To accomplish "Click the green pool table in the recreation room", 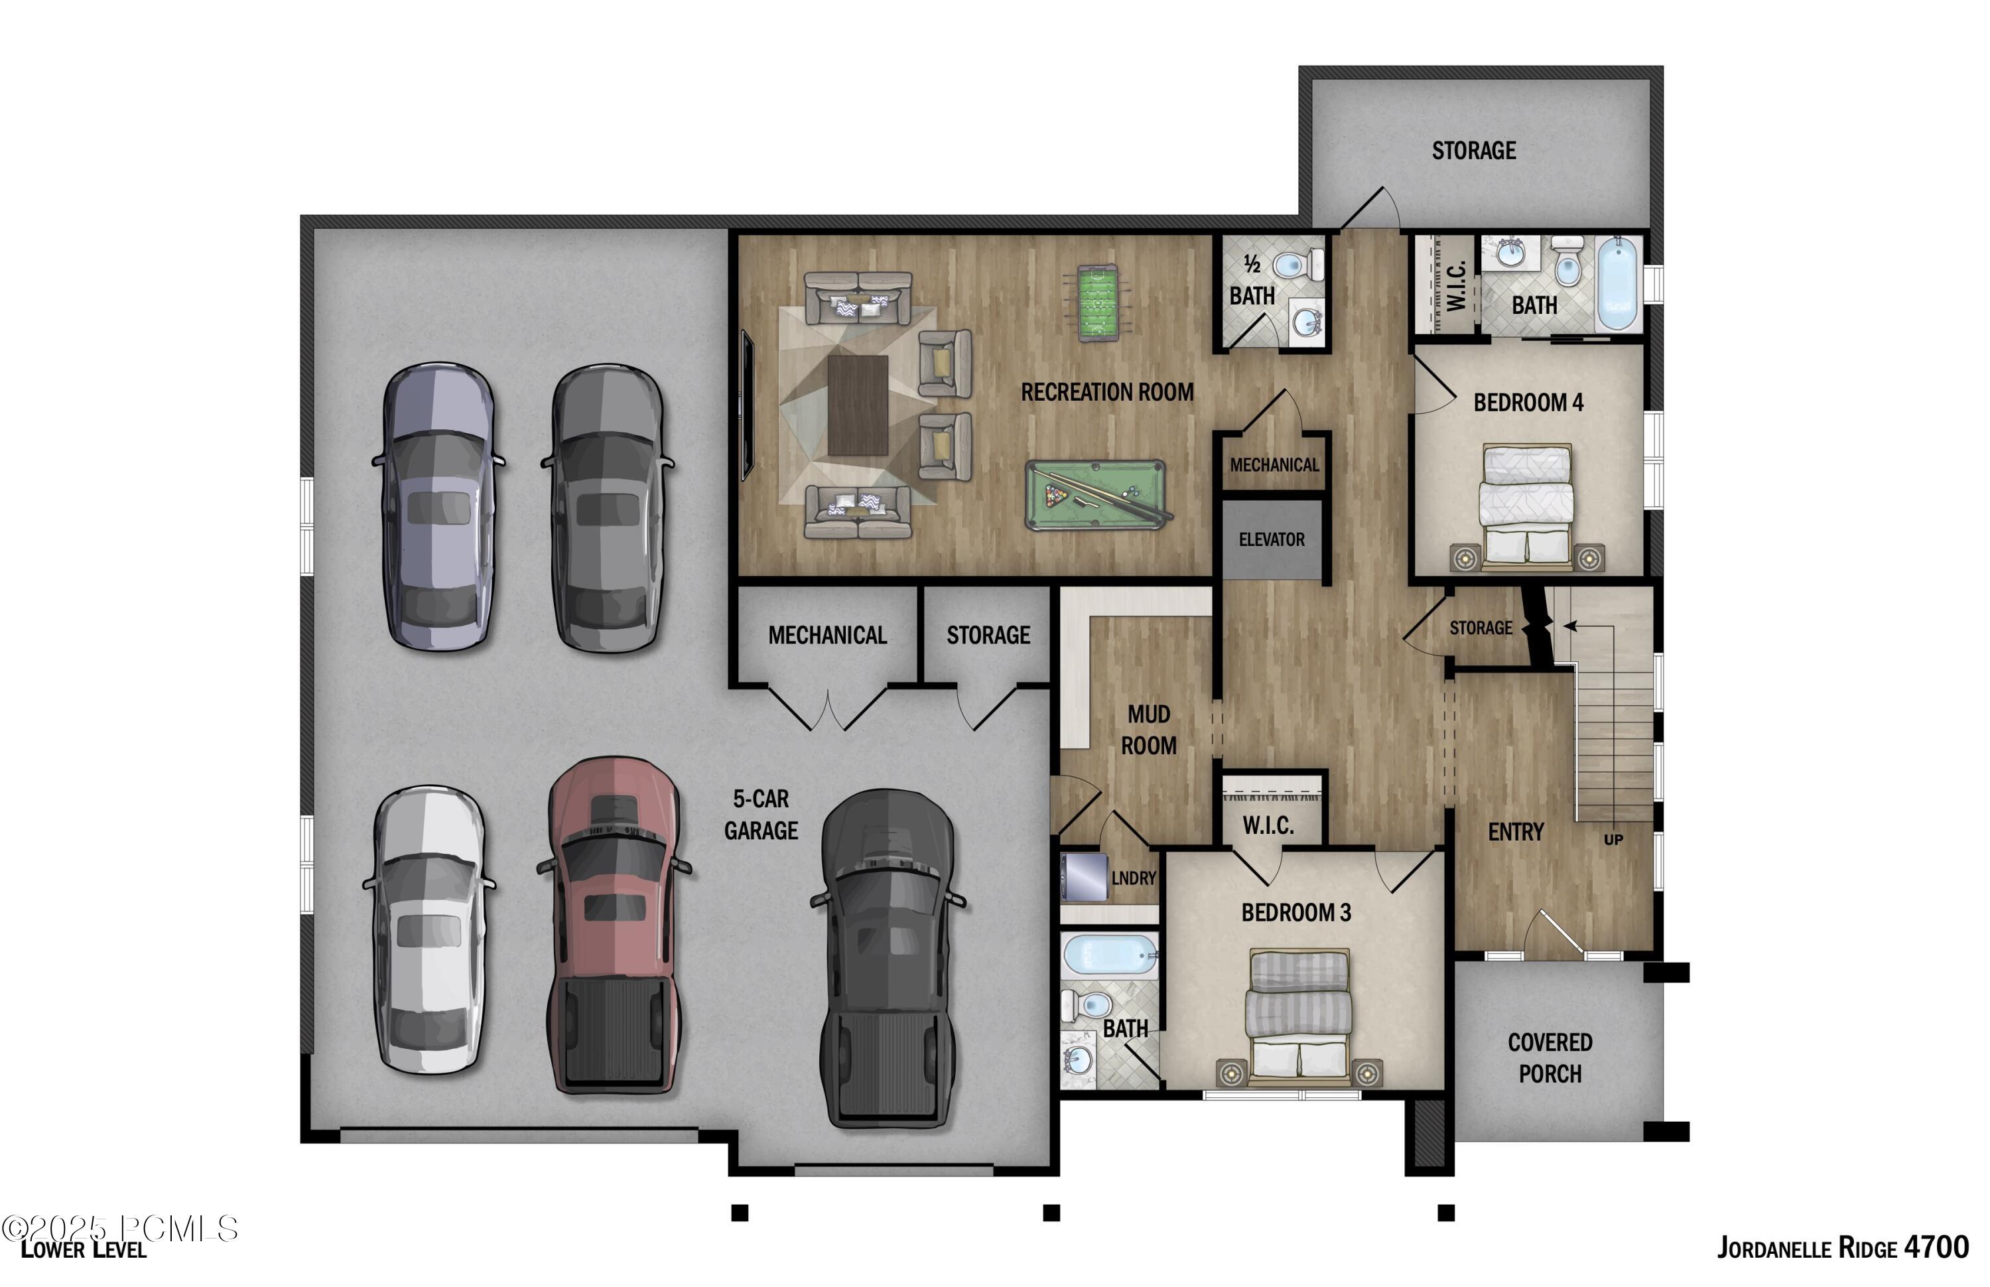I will click(x=1095, y=494).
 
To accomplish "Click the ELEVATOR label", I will click(x=1271, y=540).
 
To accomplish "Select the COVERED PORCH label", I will click(x=1549, y=1057).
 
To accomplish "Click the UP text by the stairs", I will click(x=1613, y=839).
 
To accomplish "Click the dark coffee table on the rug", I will click(x=857, y=405).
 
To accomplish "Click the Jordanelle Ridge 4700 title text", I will click(x=1842, y=1248).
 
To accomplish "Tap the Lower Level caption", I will click(x=84, y=1249).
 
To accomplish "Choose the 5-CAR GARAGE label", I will click(x=760, y=814).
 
